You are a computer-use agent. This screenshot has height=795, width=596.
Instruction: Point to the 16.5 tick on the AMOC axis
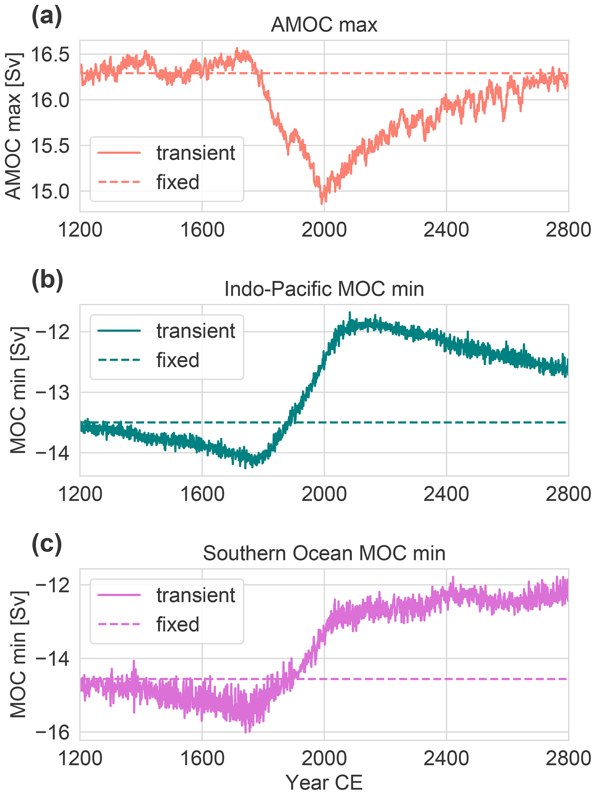click(x=50, y=55)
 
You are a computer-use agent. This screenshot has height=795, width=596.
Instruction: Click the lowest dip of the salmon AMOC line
click(x=322, y=204)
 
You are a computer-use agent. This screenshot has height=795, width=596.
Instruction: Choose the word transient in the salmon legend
click(x=195, y=153)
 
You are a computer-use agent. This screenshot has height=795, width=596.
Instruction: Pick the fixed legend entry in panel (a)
click(x=178, y=182)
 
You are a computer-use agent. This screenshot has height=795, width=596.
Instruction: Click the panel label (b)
click(x=47, y=281)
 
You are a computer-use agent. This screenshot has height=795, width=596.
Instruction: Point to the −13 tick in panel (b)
click(x=52, y=393)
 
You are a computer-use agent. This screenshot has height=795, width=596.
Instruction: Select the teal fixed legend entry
click(x=178, y=360)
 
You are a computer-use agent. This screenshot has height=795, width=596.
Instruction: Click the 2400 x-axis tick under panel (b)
click(x=446, y=494)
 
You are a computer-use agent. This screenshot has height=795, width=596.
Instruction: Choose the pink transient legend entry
click(x=195, y=596)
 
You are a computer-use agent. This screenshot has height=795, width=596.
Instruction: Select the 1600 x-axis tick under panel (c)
click(x=202, y=759)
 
